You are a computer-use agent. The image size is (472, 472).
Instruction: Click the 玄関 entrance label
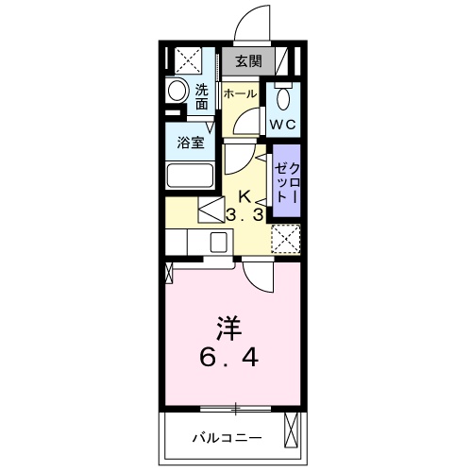click(x=249, y=61)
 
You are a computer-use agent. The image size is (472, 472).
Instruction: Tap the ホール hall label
click(x=241, y=93)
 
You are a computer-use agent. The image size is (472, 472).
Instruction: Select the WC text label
click(x=283, y=125)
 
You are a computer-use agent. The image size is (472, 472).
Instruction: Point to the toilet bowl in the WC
click(x=284, y=98)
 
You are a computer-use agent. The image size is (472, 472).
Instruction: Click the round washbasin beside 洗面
click(x=177, y=91)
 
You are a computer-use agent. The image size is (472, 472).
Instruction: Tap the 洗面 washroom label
click(x=202, y=97)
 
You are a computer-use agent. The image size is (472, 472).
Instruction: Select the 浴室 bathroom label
click(x=191, y=143)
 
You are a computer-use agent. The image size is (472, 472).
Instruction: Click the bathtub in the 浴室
click(x=191, y=176)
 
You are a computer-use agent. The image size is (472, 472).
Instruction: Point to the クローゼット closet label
click(x=286, y=182)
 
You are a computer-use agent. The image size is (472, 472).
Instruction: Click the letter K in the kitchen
click(x=244, y=197)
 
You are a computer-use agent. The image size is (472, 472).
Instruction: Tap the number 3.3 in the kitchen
click(x=245, y=215)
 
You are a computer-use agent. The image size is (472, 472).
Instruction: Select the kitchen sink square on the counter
click(x=218, y=242)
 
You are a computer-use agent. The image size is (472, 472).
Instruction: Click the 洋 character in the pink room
click(x=228, y=329)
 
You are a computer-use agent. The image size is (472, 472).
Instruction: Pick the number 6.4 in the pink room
click(x=229, y=358)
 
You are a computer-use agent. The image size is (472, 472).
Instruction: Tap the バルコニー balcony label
click(x=227, y=438)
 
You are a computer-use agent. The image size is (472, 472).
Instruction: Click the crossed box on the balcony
click(x=291, y=430)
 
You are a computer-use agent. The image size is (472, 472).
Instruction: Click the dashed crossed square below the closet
click(x=286, y=239)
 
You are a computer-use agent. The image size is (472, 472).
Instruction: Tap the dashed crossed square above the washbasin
click(x=188, y=60)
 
